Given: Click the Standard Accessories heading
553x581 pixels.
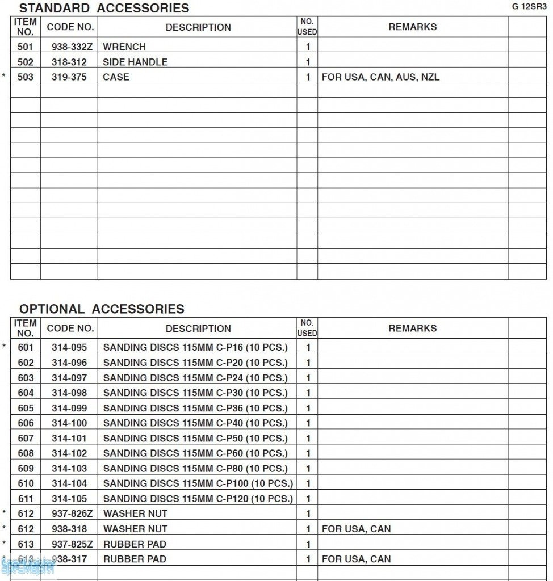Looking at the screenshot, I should click(104, 8).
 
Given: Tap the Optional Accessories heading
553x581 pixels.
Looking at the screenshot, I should click(102, 309).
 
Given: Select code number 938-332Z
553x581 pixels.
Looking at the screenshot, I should click(69, 47).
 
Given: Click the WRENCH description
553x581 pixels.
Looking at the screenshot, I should click(124, 47).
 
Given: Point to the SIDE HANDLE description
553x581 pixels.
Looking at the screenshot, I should click(135, 62).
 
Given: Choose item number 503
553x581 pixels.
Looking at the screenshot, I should click(26, 77).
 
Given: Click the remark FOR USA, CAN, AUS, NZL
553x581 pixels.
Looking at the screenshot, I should click(380, 77).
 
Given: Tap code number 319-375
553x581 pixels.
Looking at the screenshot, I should click(69, 77).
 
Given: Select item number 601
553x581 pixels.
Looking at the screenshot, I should click(26, 347).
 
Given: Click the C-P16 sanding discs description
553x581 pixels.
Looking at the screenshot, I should click(195, 347).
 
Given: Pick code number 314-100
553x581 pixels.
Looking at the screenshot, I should click(69, 423).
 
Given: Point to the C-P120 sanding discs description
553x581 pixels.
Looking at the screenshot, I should click(198, 499).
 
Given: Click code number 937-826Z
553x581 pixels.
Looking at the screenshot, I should click(69, 513).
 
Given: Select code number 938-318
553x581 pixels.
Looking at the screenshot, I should click(69, 529).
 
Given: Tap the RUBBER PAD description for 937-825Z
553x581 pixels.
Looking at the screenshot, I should click(135, 544).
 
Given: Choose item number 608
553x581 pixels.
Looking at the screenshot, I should click(26, 453).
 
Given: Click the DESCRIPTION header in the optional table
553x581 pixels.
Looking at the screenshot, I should click(198, 329).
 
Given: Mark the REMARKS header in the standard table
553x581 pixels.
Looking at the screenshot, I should click(412, 27).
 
